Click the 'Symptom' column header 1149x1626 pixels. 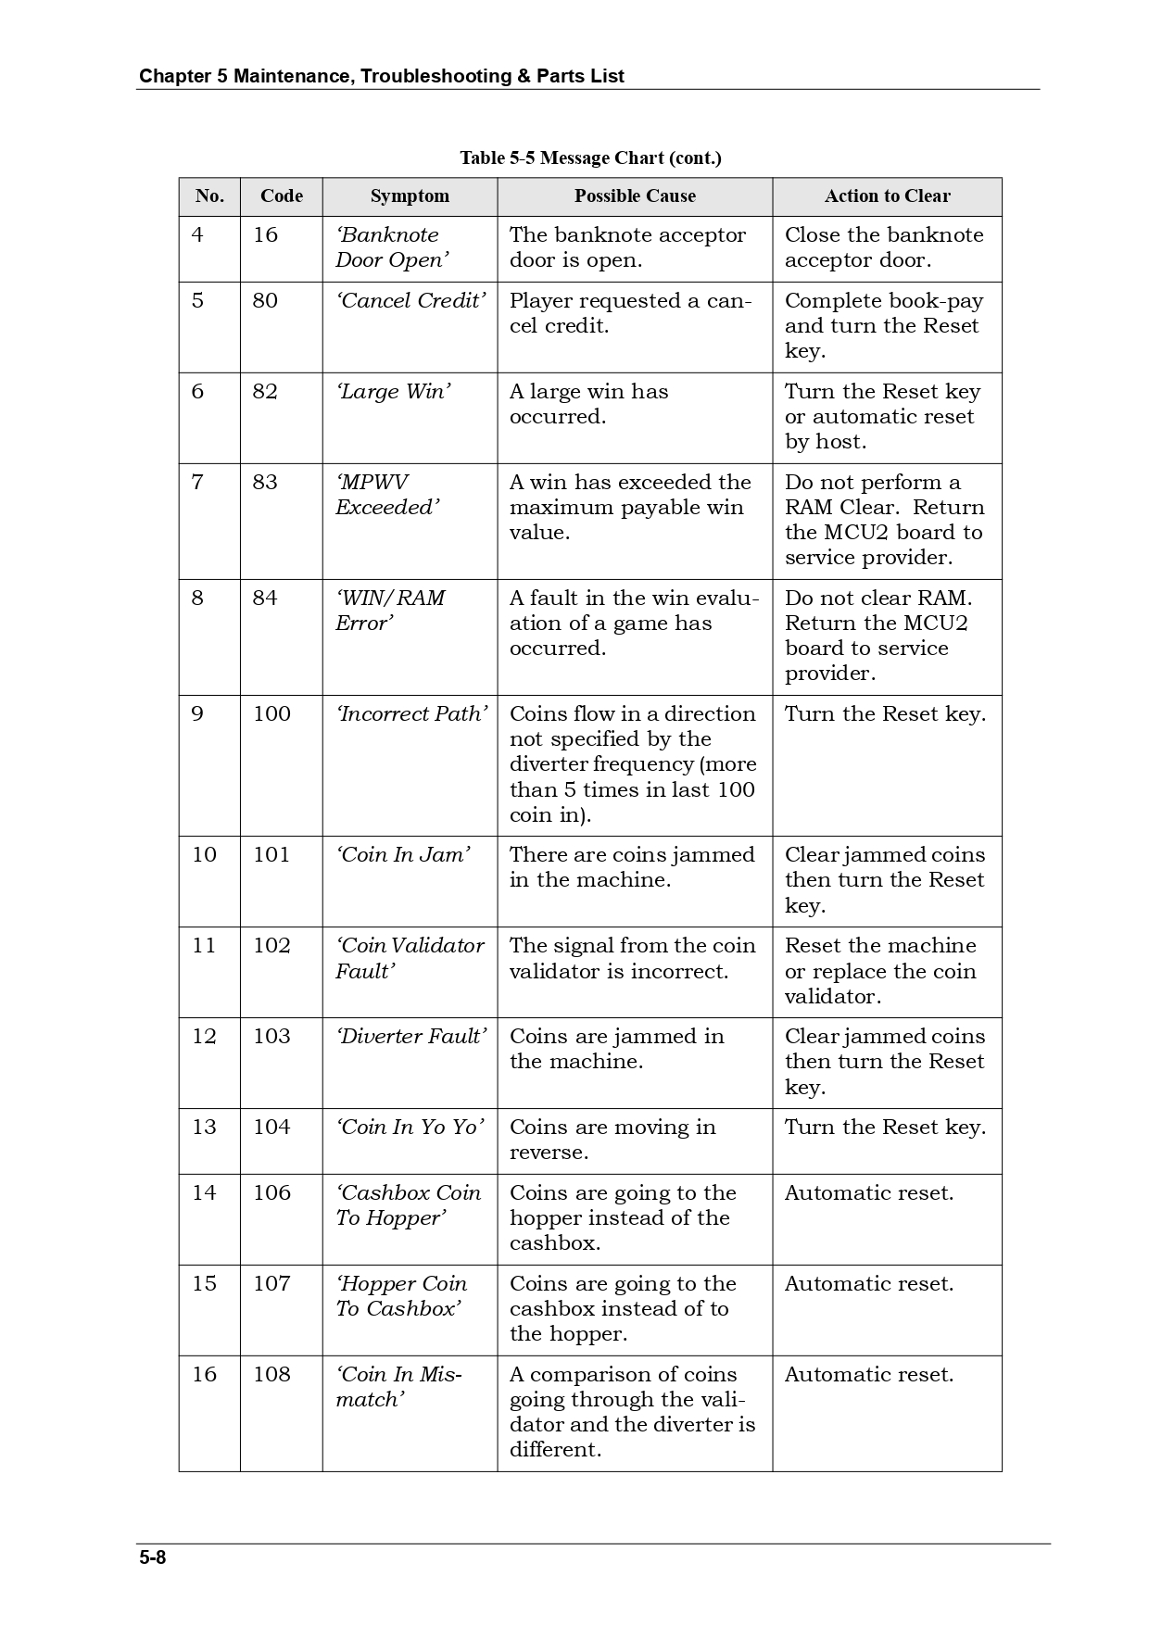(410, 196)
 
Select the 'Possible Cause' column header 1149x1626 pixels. (635, 196)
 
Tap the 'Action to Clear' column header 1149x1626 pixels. (887, 196)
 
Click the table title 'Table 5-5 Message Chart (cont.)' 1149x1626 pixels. (590, 158)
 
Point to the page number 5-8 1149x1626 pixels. (153, 1557)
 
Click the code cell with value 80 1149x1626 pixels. (265, 301)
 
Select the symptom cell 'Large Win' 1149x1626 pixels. (393, 392)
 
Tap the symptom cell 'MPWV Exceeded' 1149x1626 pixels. (386, 495)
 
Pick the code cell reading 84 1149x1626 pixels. (265, 599)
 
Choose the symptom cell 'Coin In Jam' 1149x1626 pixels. (403, 855)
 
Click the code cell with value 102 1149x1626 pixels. (271, 946)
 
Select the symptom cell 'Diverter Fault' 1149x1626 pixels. (410, 1037)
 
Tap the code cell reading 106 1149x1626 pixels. (271, 1193)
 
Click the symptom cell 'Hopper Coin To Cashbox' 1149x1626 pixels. (400, 1296)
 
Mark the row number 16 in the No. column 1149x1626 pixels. (204, 1375)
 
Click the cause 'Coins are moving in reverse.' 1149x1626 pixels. (612, 1140)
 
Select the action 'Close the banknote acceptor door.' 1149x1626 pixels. (883, 247)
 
